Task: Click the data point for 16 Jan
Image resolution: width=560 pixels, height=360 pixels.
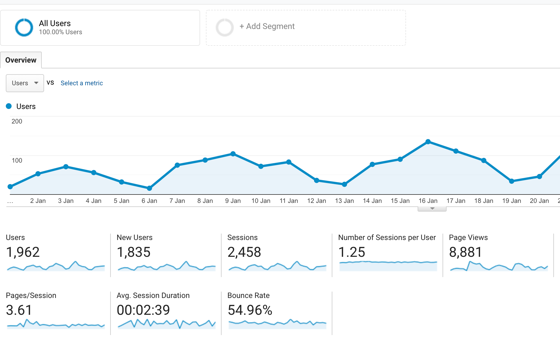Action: point(428,142)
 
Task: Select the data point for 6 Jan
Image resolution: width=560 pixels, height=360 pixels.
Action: point(149,188)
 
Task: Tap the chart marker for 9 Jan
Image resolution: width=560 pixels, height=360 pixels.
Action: point(233,154)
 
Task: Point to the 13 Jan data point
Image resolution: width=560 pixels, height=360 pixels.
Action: point(344,184)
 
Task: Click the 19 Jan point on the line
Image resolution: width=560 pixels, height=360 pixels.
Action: point(512,181)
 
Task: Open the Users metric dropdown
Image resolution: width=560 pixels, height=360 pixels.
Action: point(25,83)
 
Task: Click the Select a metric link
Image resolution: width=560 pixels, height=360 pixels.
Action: point(81,83)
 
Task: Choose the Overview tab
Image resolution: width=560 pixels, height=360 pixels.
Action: point(21,60)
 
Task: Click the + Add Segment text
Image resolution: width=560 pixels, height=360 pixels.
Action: point(267,26)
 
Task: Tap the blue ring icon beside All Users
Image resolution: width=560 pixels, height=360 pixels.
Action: point(24,28)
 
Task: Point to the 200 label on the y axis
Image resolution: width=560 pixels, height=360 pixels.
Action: point(17,121)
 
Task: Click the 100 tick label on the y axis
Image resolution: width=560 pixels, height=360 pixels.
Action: point(17,161)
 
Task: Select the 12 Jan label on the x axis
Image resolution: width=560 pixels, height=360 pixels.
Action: point(316,201)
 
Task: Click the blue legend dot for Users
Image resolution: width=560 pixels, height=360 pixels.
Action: point(9,106)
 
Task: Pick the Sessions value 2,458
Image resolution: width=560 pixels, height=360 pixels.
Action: point(244,252)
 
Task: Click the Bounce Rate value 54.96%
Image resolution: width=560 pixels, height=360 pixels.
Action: point(250,310)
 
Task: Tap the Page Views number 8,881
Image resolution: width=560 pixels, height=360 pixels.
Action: point(465,252)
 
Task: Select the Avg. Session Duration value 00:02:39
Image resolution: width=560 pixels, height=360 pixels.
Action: point(143,310)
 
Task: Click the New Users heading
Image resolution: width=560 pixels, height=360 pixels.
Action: point(135,238)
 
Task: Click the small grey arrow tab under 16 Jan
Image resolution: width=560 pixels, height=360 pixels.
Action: point(432,209)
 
